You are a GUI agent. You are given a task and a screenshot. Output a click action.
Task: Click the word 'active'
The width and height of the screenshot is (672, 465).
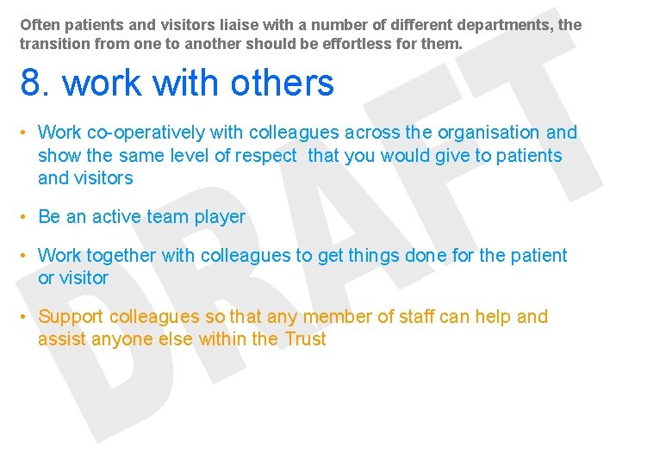tap(117, 217)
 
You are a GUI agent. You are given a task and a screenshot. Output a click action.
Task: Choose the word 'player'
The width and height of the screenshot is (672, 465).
tap(220, 217)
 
